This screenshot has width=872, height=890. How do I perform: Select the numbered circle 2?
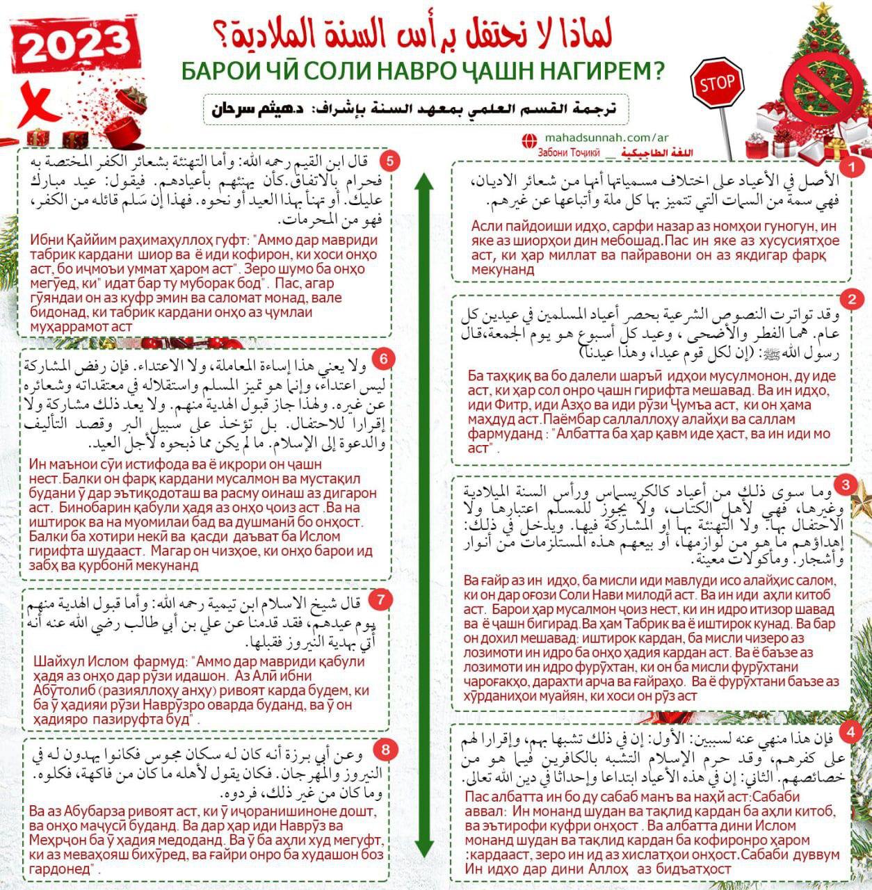pos(851,299)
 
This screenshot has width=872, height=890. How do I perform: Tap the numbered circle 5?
pos(389,161)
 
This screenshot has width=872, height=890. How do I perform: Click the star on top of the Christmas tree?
pos(823,9)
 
